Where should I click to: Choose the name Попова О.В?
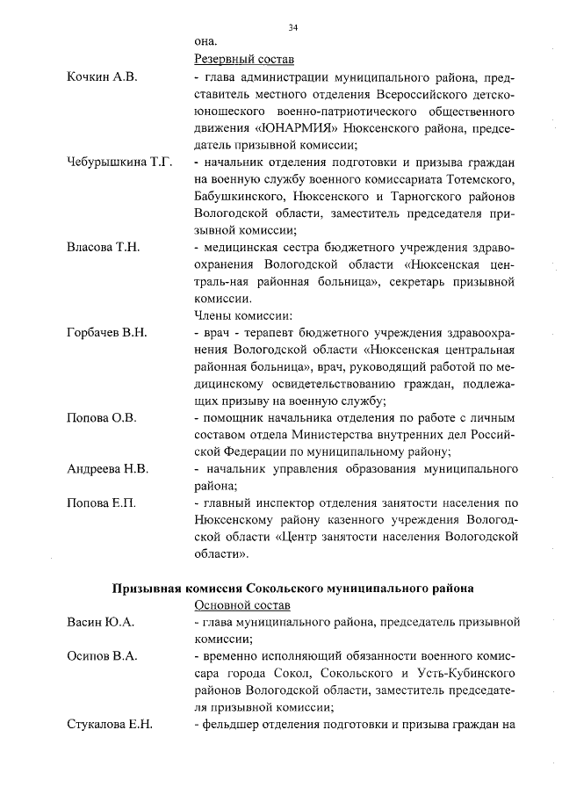(x=102, y=417)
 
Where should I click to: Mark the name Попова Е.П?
(x=102, y=503)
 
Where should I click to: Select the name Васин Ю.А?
(x=98, y=623)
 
